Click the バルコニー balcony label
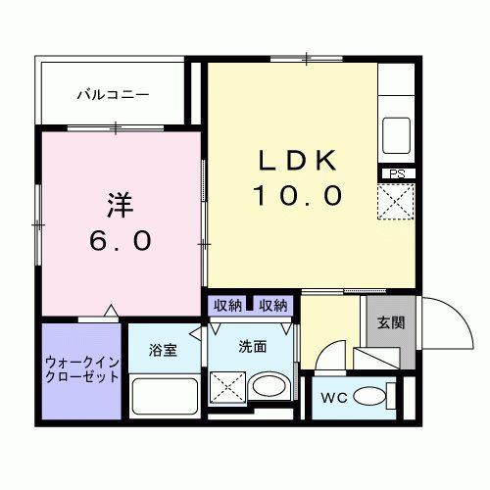(113, 96)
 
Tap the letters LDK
(298, 163)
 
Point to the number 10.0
(298, 196)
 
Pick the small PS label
(397, 174)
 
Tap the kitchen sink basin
(397, 130)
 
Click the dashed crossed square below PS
(397, 204)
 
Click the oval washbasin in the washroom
(268, 386)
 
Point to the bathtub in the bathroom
(163, 397)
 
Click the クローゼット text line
(81, 377)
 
